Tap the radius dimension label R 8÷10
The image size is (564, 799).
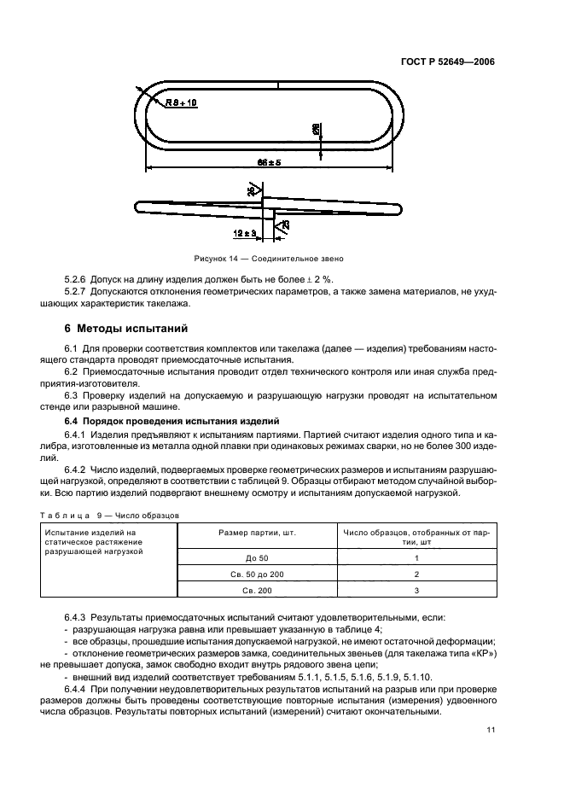(x=180, y=102)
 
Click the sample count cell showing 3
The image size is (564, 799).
(x=416, y=590)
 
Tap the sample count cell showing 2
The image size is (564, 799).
(x=416, y=574)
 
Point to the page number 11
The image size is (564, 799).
(x=490, y=730)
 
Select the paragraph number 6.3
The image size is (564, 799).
(x=72, y=396)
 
